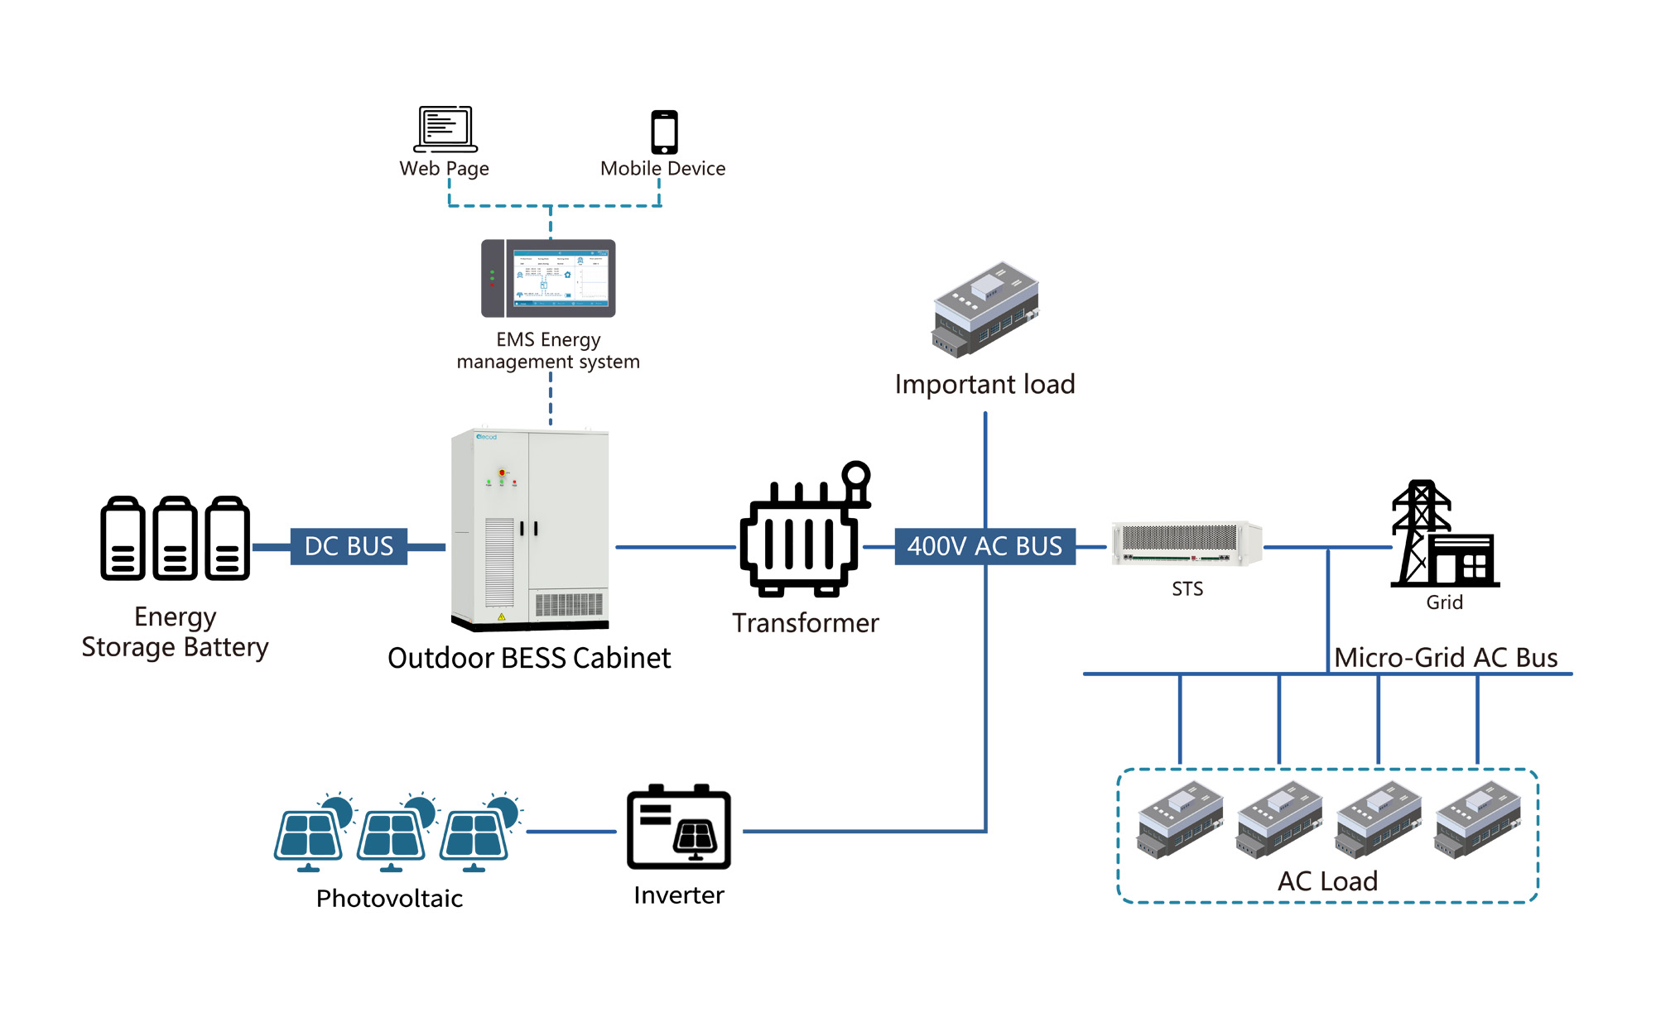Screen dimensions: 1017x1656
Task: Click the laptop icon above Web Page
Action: pos(445,129)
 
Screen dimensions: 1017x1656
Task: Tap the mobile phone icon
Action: pos(664,132)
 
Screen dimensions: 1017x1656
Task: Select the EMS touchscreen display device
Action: pos(548,279)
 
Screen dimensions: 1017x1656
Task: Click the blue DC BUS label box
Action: pos(349,546)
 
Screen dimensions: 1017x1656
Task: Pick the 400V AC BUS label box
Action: pos(984,546)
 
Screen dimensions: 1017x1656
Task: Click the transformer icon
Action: pos(803,534)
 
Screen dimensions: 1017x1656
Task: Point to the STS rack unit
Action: pos(1186,544)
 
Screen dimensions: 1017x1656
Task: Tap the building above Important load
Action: pos(985,310)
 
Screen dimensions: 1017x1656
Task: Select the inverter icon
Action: pos(679,828)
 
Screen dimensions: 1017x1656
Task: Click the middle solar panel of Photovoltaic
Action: pos(393,833)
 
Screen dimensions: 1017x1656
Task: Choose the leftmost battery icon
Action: pos(123,539)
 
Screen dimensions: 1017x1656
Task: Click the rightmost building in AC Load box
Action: pos(1477,820)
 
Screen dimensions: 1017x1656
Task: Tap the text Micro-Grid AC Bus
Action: pos(1446,657)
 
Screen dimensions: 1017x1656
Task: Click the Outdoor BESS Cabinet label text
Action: pos(528,658)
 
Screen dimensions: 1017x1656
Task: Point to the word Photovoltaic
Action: pos(389,898)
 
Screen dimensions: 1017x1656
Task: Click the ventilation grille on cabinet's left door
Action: pos(499,563)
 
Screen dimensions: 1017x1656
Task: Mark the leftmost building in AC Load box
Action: pos(1180,820)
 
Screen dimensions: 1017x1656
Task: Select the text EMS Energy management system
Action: pos(548,351)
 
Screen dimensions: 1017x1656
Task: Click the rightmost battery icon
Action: pos(228,539)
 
